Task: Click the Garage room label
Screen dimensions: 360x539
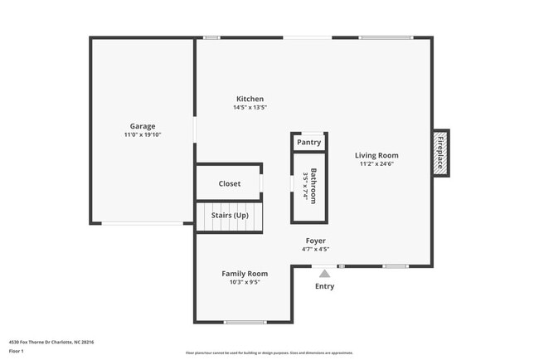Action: pyautogui.click(x=142, y=126)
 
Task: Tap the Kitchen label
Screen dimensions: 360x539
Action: pyautogui.click(x=250, y=99)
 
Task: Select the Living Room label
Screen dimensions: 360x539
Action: pyautogui.click(x=376, y=155)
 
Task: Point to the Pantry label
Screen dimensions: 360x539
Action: pyautogui.click(x=308, y=143)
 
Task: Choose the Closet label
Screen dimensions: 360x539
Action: pyautogui.click(x=229, y=183)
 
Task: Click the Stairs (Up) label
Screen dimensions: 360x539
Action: pyautogui.click(x=229, y=216)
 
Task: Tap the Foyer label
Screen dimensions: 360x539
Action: pyautogui.click(x=315, y=241)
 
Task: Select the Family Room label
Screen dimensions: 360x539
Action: pyautogui.click(x=245, y=274)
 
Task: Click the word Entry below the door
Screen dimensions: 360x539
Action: pyautogui.click(x=324, y=287)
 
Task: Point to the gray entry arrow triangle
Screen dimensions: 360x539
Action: pyautogui.click(x=324, y=272)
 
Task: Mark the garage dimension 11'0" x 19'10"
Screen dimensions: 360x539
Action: pyautogui.click(x=142, y=134)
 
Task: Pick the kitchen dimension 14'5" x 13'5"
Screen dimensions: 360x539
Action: pyautogui.click(x=250, y=107)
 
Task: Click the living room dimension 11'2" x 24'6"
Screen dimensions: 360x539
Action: pyautogui.click(x=376, y=163)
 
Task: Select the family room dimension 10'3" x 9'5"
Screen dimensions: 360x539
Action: pyautogui.click(x=245, y=282)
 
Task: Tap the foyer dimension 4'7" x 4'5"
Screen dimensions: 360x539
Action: pyautogui.click(x=315, y=249)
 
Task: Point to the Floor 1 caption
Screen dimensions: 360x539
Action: pyautogui.click(x=17, y=351)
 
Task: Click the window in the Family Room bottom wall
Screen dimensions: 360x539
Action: pyautogui.click(x=244, y=322)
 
